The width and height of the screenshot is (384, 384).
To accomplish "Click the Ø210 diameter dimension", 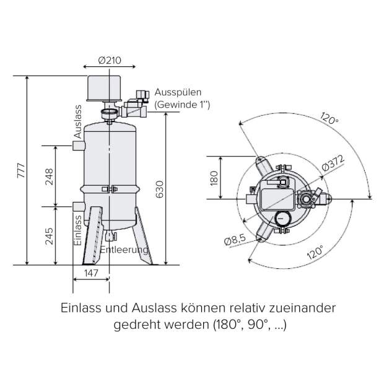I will point(110,61).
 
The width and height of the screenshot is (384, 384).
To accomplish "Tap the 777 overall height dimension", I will point(20,171).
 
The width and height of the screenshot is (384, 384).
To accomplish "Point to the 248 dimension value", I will point(49,177).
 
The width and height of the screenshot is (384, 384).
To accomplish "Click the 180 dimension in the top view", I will point(214,178).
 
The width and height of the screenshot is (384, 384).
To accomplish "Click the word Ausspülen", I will point(178,92).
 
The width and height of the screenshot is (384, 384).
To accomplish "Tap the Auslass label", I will point(77,121).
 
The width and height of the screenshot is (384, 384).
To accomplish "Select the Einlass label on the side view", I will point(77,230).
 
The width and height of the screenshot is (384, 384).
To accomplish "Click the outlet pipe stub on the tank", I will point(77,146).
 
